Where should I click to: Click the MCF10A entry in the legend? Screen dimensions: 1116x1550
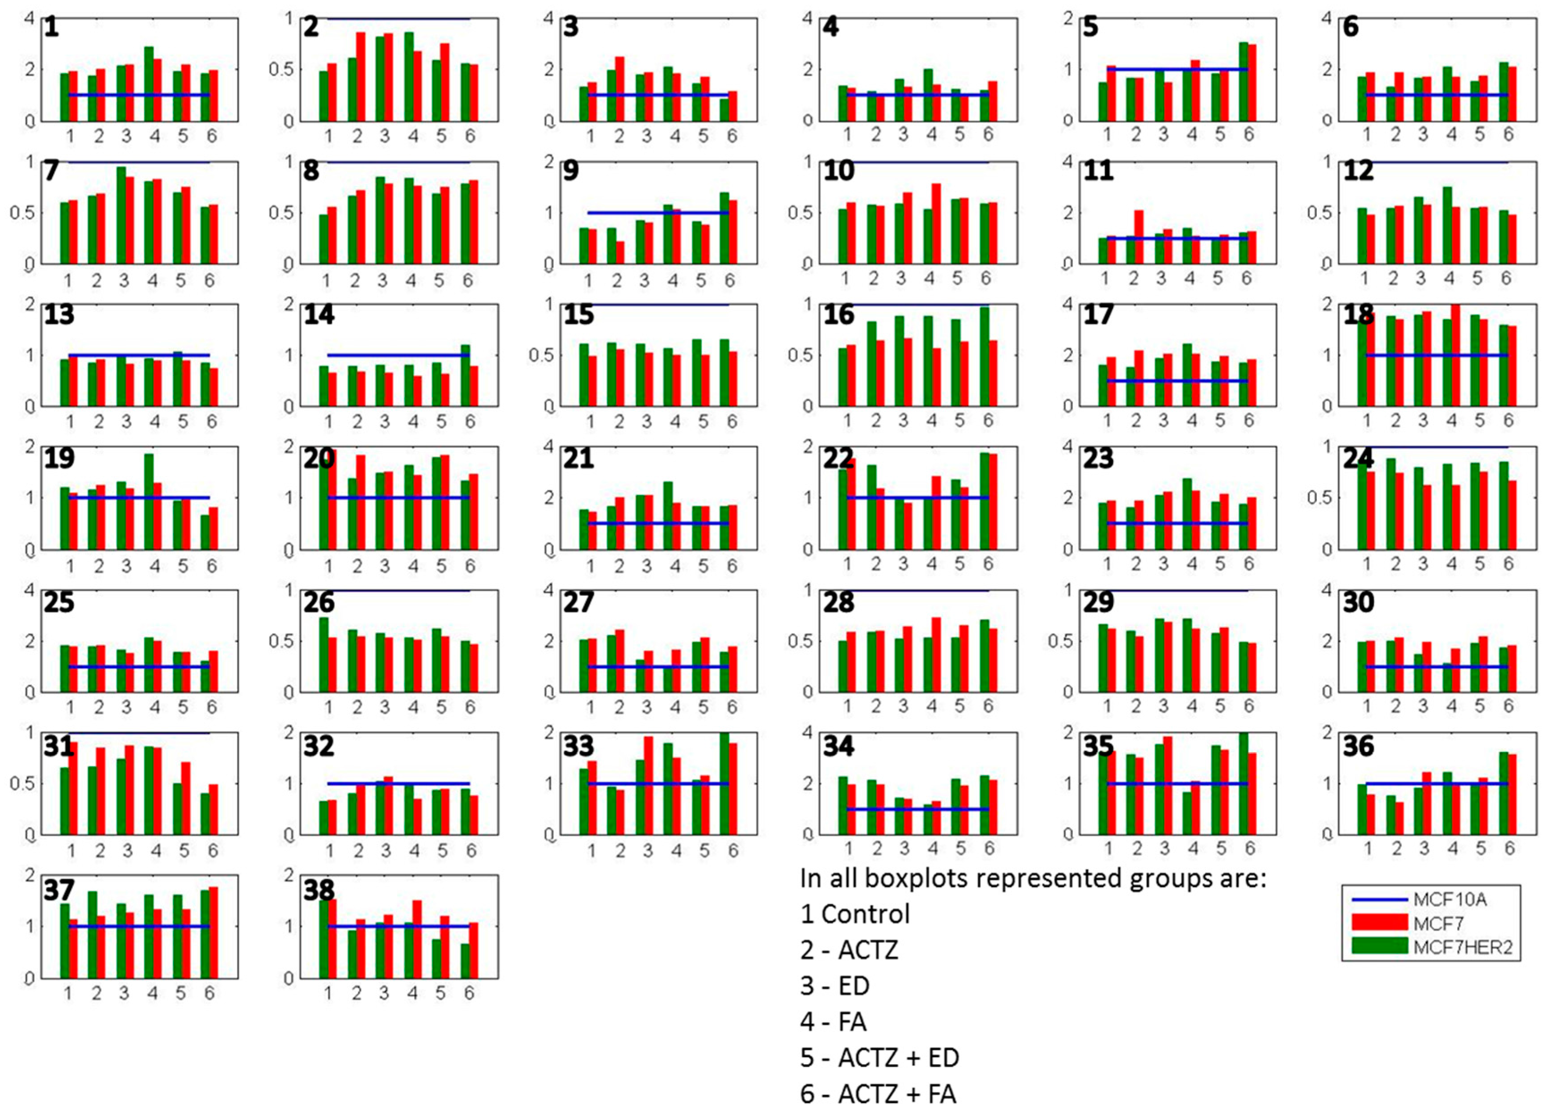[1449, 899]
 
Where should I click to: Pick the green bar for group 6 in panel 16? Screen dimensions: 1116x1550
[984, 356]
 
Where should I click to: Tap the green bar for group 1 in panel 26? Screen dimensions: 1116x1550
[324, 655]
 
